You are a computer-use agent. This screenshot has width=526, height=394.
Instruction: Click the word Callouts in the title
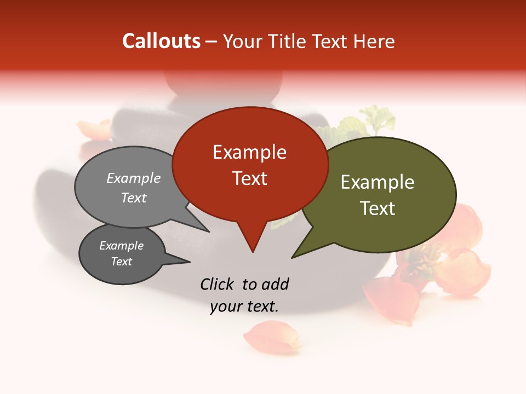[161, 41]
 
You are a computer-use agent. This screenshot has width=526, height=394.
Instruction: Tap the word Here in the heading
[375, 42]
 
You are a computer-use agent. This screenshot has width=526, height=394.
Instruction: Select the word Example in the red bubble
[249, 152]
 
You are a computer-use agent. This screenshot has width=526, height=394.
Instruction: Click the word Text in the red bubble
[250, 178]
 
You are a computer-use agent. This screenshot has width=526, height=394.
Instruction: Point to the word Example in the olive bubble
[378, 182]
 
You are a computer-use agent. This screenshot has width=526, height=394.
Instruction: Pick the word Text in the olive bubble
[378, 208]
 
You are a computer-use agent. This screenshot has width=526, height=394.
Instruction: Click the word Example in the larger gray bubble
[133, 178]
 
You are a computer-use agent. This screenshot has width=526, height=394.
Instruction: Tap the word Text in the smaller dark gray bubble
[121, 262]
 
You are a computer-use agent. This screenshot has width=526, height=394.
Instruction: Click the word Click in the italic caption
[218, 284]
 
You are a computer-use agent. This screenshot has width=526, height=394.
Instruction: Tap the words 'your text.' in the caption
[244, 306]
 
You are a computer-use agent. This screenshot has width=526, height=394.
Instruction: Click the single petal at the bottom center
[273, 337]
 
